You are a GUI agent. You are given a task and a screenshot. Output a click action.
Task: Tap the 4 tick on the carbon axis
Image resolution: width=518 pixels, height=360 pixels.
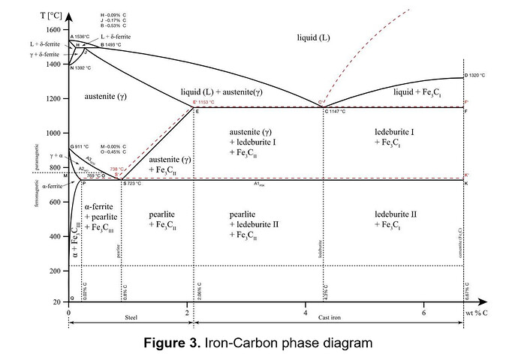[305, 312]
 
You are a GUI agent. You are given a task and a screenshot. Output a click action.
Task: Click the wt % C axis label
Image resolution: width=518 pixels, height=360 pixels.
[486, 312]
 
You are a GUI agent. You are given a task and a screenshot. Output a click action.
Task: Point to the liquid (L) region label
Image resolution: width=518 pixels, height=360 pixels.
[313, 37]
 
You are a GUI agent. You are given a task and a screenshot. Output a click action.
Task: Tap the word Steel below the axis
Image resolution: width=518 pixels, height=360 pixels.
[131, 318]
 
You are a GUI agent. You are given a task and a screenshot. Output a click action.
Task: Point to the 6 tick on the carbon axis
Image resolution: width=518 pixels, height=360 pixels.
[423, 312]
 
